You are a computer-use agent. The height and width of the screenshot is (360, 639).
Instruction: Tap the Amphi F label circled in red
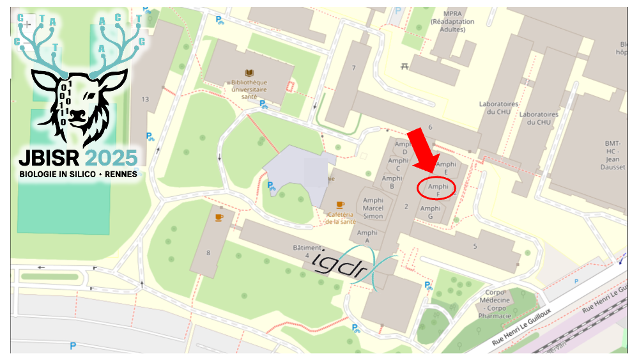[x=437, y=189]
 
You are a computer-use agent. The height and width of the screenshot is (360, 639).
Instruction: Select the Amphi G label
[x=430, y=212]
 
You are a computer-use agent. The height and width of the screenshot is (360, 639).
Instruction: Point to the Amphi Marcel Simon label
[x=373, y=208]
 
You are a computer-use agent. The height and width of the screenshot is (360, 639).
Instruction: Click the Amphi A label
[x=367, y=237]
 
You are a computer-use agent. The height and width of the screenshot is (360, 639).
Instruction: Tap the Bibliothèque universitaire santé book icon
[x=249, y=74]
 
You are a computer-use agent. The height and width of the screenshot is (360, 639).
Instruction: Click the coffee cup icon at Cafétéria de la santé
[x=340, y=205]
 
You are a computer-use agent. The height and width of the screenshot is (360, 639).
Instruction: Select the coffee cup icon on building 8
[x=219, y=217]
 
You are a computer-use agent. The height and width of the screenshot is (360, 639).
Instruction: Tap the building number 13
[x=145, y=99]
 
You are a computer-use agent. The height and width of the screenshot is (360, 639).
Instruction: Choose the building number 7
[x=353, y=67]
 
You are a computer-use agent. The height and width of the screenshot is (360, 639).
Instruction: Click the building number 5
[x=475, y=246]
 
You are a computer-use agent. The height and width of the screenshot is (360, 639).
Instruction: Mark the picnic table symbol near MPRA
[x=404, y=66]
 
